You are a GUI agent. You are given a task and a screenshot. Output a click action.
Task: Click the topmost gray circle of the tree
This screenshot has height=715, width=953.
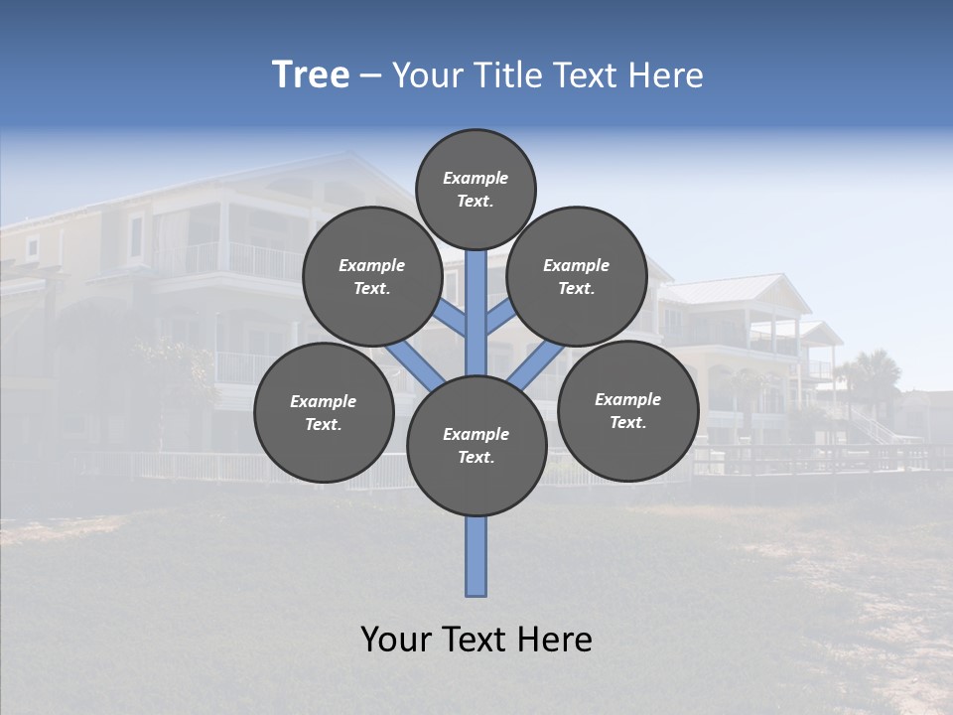click(x=476, y=189)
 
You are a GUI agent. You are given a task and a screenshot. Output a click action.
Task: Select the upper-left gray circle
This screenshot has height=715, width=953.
click(x=372, y=276)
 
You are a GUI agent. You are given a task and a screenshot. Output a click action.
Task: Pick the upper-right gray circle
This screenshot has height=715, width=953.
click(x=577, y=276)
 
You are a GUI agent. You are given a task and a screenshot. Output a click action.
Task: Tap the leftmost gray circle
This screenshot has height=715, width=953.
click(x=324, y=412)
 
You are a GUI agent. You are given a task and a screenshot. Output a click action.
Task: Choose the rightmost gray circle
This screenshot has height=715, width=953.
click(x=627, y=410)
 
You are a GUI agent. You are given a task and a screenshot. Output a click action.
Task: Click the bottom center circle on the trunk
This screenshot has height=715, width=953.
click(x=476, y=446)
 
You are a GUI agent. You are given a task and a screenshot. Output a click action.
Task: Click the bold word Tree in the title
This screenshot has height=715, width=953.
click(x=311, y=74)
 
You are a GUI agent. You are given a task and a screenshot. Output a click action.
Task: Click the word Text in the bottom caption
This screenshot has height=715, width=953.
click(x=476, y=640)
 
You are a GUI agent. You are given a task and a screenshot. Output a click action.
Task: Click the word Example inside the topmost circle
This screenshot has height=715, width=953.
click(x=476, y=178)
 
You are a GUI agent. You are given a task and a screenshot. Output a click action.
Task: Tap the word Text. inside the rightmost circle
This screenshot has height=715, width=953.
click(x=627, y=422)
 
